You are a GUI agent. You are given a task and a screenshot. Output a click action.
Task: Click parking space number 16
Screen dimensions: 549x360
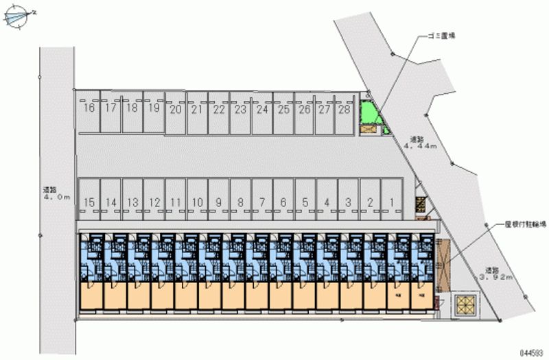tap(89, 108)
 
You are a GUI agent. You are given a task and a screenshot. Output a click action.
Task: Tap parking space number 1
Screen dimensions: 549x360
tap(391, 202)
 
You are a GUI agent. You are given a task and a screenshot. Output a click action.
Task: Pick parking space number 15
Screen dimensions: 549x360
tap(89, 202)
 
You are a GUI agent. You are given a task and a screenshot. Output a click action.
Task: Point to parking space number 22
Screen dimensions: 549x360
tap(218, 109)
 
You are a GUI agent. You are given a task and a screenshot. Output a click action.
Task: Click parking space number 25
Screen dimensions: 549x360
tap(283, 109)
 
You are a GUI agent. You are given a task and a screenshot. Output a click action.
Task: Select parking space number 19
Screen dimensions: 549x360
tap(154, 108)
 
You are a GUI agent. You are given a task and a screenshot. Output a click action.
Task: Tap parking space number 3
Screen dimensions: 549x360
tap(348, 202)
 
